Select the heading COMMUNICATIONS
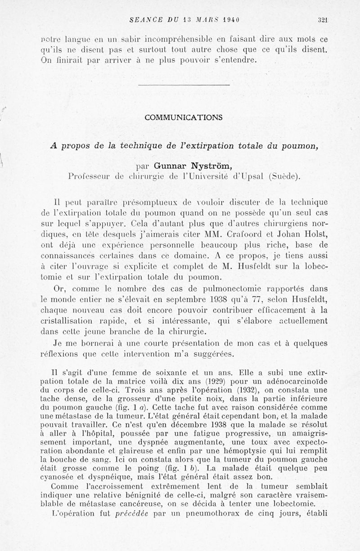tap(184, 117)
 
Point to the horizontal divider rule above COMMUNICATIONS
tap(184, 85)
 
